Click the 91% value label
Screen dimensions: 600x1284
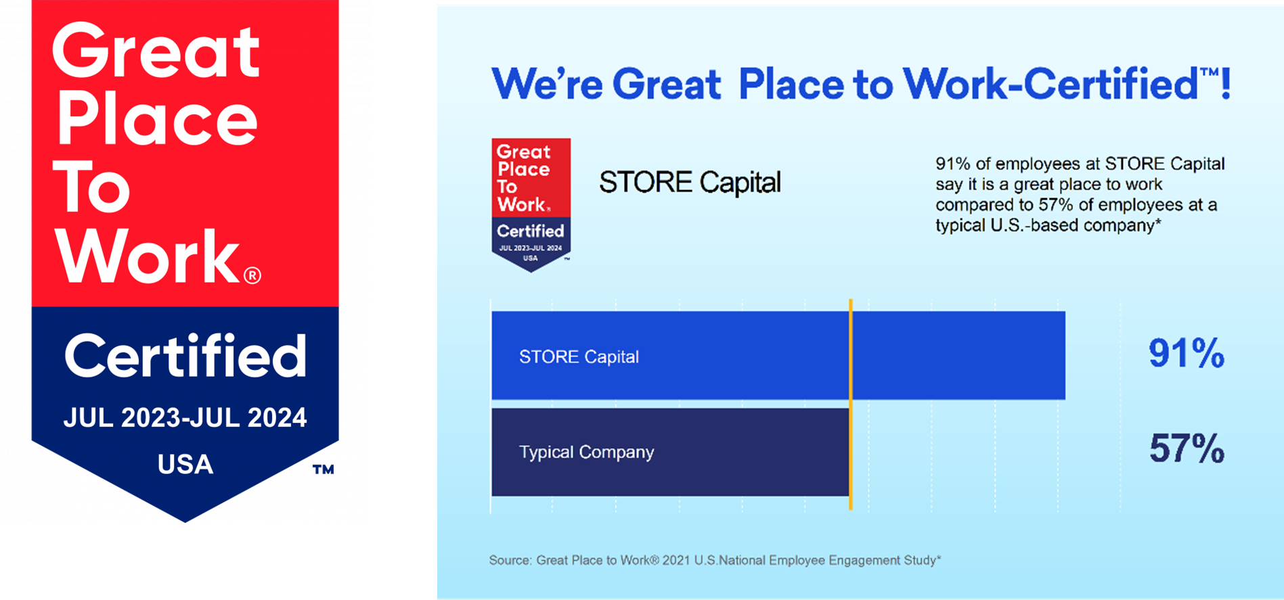[x=1186, y=353]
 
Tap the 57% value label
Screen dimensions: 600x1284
[x=1186, y=448]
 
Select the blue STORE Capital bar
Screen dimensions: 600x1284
[x=948, y=355]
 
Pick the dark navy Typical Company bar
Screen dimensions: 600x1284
[x=745, y=452]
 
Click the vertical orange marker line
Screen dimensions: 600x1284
[x=851, y=406]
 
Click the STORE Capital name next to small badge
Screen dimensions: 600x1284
[x=690, y=183]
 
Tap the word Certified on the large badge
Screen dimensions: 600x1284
[x=185, y=356]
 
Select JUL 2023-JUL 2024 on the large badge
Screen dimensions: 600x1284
[x=185, y=417]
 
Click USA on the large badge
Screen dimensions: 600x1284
[x=185, y=465]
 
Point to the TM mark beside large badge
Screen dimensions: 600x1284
[x=323, y=469]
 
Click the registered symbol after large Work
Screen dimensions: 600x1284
[x=252, y=275]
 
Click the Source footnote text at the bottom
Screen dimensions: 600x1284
[x=714, y=560]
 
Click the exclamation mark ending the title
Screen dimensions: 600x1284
[x=1225, y=85]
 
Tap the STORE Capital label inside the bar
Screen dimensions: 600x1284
[x=579, y=357]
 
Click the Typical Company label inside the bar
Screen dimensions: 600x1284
[x=586, y=452]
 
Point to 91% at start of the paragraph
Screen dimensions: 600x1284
[x=952, y=164]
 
